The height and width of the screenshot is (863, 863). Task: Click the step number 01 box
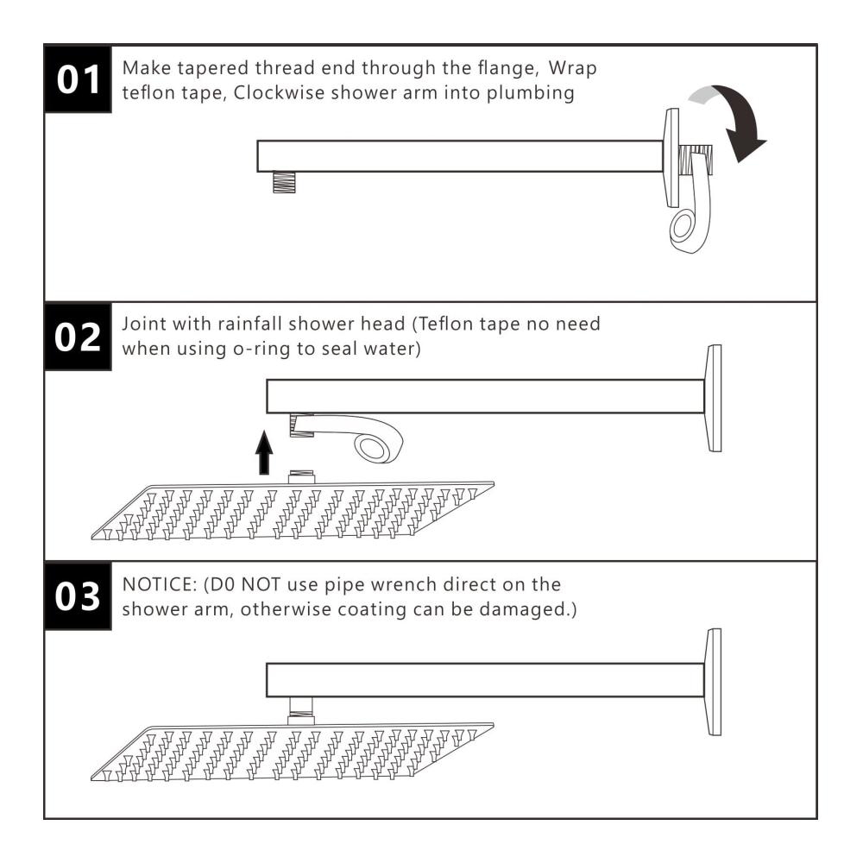pyautogui.click(x=78, y=79)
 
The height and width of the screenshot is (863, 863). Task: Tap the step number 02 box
pyautogui.click(x=78, y=337)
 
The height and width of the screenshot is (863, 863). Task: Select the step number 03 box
pyautogui.click(x=78, y=596)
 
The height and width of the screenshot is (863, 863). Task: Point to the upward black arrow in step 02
pyautogui.click(x=264, y=452)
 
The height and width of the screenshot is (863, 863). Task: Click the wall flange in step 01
pyautogui.click(x=672, y=157)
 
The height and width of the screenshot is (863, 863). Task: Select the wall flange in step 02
pyautogui.click(x=714, y=398)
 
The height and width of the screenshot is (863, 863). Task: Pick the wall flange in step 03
pyautogui.click(x=714, y=682)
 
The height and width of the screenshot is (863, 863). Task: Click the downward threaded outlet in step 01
pyautogui.click(x=284, y=182)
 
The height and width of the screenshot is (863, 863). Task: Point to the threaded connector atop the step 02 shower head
pyautogui.click(x=301, y=476)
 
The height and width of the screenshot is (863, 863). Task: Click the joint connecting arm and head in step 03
pyautogui.click(x=300, y=711)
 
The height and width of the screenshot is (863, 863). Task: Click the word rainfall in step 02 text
pyautogui.click(x=250, y=324)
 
